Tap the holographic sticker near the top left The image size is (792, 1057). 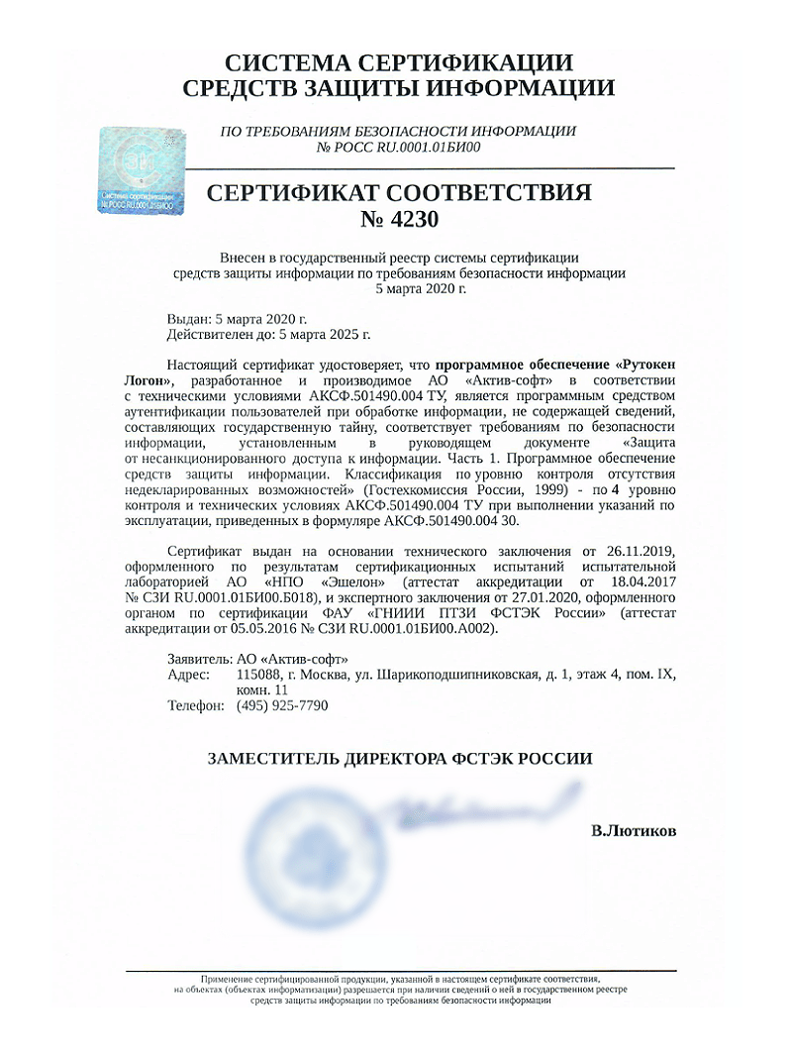[144, 170]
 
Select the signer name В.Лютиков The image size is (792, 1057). [634, 830]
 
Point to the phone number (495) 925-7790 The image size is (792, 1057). [282, 705]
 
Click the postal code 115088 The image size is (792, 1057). [258, 675]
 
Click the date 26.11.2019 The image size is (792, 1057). [641, 550]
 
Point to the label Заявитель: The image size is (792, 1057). [202, 659]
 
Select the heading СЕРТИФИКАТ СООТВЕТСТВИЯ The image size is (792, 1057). [399, 192]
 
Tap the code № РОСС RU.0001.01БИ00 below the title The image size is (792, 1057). [398, 147]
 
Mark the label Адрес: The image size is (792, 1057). [190, 675]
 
